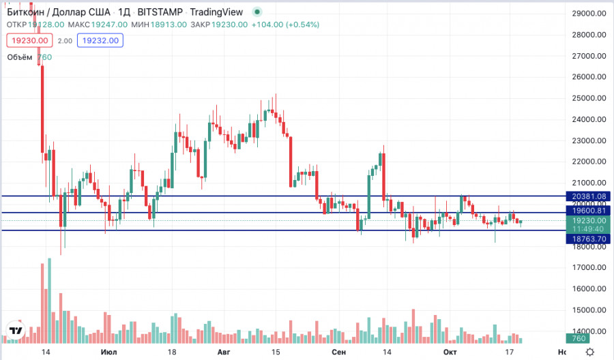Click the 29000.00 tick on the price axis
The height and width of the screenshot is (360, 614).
click(589, 14)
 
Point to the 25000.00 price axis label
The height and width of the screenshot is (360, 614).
click(589, 98)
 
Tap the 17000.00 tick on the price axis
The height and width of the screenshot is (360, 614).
click(589, 268)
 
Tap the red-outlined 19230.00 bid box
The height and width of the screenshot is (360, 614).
click(30, 41)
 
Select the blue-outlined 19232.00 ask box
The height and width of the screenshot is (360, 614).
click(100, 41)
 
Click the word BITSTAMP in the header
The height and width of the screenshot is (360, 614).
click(160, 12)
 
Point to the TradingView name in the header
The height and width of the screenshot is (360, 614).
click(218, 12)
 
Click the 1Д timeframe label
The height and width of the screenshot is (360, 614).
click(124, 12)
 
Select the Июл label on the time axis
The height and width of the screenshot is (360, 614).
click(108, 352)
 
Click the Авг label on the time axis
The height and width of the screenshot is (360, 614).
click(223, 352)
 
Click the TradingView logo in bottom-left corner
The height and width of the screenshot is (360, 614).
click(16, 331)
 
